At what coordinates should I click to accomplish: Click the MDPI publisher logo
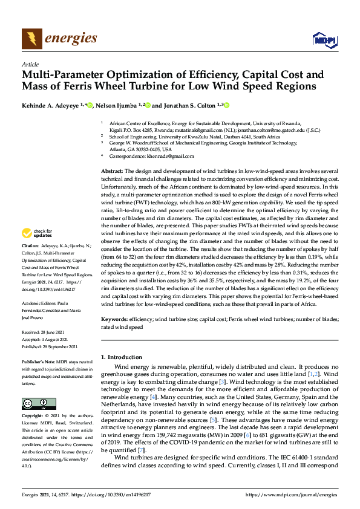tap(322, 40)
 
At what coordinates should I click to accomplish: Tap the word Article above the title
tap(30, 64)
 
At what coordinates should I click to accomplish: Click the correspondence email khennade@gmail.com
tap(161, 155)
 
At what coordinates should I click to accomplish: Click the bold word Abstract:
tap(113, 172)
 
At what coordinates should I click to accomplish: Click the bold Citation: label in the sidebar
tap(31, 247)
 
